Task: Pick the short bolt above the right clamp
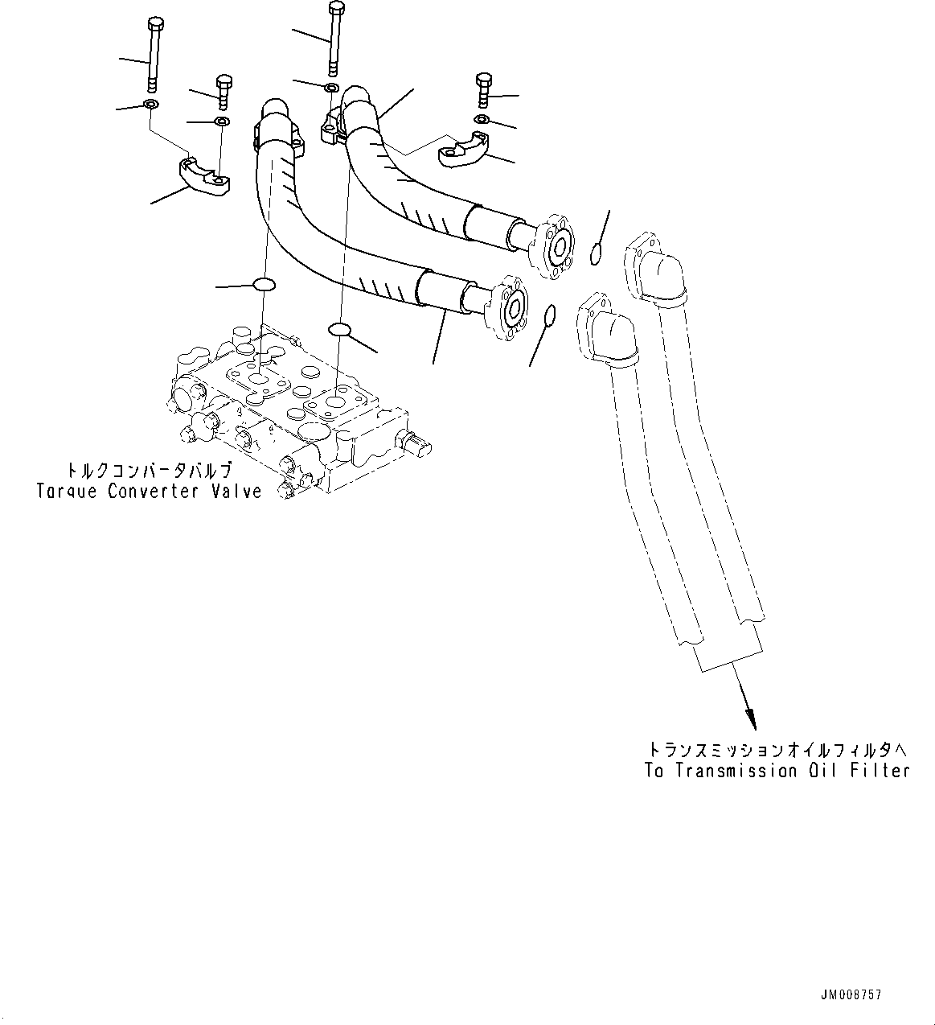483,91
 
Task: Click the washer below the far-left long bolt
150,105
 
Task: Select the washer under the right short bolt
480,120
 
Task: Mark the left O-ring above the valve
264,284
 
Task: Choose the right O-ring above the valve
341,328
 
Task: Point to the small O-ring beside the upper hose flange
596,255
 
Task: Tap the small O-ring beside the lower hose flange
549,315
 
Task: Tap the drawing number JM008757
851,995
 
